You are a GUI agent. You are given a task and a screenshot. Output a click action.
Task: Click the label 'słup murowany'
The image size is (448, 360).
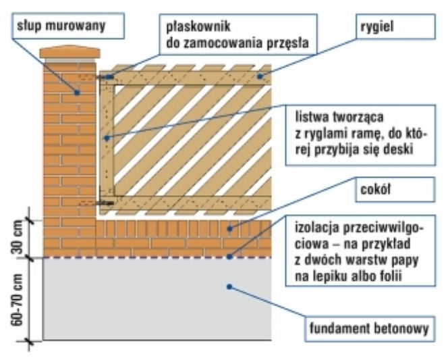coord(61,26)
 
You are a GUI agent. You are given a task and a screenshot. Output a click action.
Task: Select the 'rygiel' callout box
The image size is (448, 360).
coord(395,26)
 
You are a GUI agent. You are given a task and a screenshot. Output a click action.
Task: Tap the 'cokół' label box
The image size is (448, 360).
coord(395,189)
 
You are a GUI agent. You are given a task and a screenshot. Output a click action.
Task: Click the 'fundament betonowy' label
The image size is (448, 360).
coord(370,328)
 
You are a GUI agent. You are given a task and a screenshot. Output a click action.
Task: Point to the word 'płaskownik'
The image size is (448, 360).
coord(198,26)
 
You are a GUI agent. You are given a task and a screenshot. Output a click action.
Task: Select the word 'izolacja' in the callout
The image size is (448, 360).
coord(317,228)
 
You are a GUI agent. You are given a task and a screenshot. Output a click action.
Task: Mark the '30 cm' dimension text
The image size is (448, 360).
coord(17,237)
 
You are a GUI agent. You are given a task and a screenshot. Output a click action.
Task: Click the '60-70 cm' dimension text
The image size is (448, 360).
coord(17,300)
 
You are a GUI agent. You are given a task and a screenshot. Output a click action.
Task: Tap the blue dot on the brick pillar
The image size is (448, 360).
coord(76,93)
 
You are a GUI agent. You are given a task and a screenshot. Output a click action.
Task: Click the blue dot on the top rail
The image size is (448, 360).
coord(260,76)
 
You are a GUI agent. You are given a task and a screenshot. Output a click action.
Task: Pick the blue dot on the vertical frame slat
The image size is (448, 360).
coord(107,138)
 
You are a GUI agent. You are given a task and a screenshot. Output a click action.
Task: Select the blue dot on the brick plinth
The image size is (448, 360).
coord(229,228)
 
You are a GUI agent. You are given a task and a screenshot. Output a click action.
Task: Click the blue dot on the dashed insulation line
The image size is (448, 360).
coord(229,257)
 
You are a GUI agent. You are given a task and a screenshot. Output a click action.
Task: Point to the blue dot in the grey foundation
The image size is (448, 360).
coord(229,286)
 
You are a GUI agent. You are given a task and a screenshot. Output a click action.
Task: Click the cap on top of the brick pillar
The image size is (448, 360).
coord(69,53)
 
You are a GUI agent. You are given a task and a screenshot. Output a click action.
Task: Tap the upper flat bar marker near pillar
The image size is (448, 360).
coord(109,77)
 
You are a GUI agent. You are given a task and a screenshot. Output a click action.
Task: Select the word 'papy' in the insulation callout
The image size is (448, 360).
coord(404,261)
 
